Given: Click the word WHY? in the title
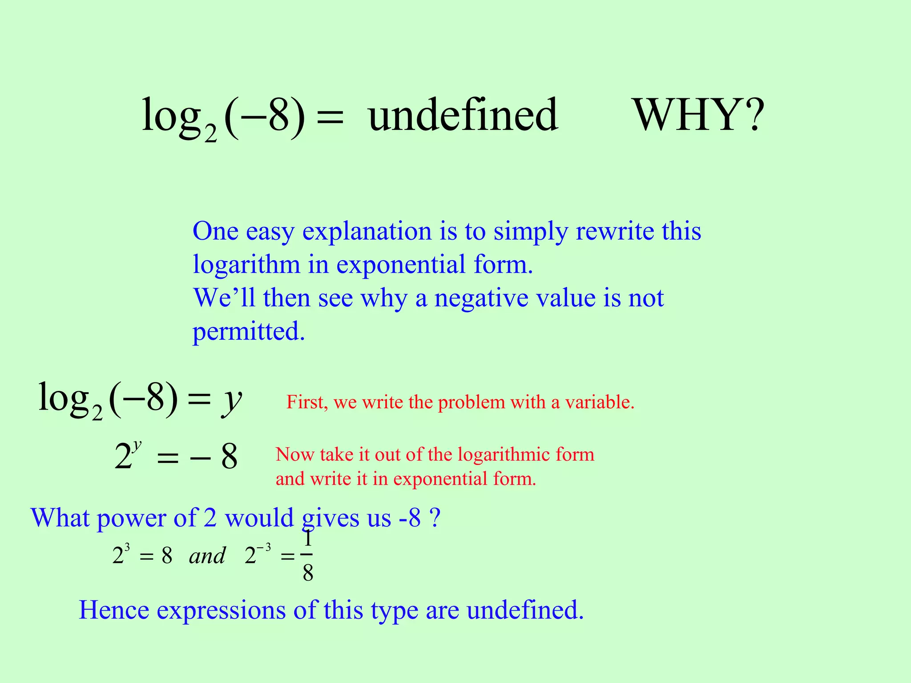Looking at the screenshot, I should tap(698, 116).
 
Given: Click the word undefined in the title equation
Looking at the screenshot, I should tap(463, 116).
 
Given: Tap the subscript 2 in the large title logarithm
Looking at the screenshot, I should tap(210, 134).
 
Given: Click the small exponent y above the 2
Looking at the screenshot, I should tap(137, 445).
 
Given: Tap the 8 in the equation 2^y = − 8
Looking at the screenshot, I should tap(230, 457).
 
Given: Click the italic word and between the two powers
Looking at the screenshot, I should tap(207, 556).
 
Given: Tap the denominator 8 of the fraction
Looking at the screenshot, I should tap(308, 574).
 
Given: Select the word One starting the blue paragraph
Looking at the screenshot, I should tap(215, 232).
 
